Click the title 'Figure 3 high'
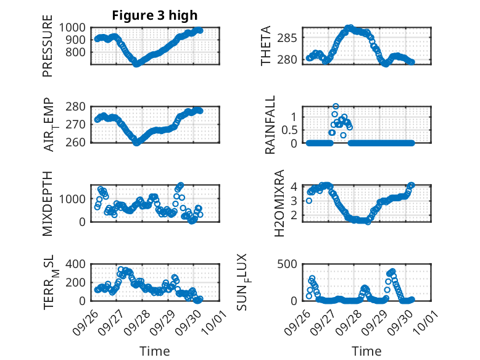pos(154,15)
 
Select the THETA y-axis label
pos(267,46)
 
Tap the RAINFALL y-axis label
pos(271,125)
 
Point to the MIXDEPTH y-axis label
pos(48,203)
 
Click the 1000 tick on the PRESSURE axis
pos(75,28)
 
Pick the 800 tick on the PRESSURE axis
pos(78,52)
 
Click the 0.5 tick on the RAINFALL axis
pos(290,130)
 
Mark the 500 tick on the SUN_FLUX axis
pos(290,264)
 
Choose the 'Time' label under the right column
pos(366,351)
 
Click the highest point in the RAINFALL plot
pos(336,106)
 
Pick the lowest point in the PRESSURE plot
pos(137,64)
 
